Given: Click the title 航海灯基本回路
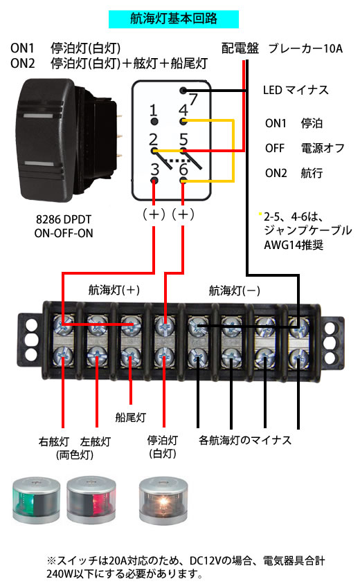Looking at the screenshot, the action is [174, 19].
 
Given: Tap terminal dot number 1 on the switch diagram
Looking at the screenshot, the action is [154, 121].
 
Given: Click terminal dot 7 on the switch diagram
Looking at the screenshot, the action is [183, 91].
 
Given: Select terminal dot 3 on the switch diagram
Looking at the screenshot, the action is [154, 181].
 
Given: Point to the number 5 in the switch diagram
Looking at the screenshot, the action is [183, 139].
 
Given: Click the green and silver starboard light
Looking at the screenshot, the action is [36, 500].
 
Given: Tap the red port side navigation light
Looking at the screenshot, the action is [91, 500].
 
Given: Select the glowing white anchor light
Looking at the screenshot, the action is [163, 500].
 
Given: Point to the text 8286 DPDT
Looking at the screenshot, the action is [64, 219].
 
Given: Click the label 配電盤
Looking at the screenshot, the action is [240, 48].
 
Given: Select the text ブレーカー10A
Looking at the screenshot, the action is [305, 48].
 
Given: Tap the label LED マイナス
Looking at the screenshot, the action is [296, 90].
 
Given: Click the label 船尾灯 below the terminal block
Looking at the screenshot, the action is [130, 417].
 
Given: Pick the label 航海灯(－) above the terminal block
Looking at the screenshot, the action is [234, 291].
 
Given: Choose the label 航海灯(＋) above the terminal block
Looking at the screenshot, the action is [114, 290].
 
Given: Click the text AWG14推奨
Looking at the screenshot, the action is [294, 245].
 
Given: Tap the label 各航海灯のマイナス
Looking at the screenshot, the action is [245, 440].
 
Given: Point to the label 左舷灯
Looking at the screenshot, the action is [96, 441].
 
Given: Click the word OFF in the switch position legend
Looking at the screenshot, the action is [275, 148].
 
